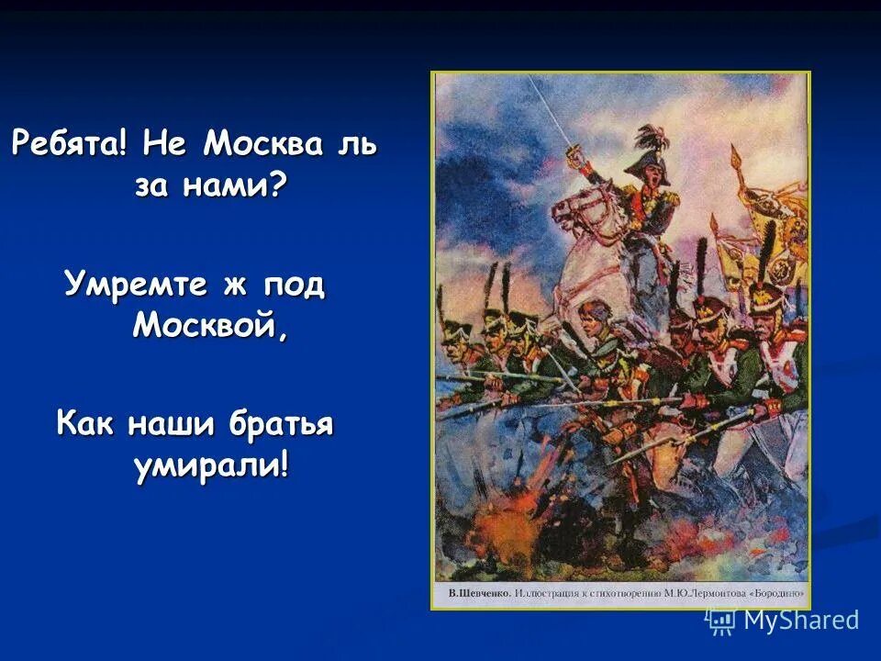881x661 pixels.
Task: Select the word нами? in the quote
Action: [x=240, y=187]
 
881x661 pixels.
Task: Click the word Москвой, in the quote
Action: [x=210, y=327]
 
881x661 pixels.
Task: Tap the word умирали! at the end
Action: [x=210, y=465]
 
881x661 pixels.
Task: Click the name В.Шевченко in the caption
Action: [x=479, y=594]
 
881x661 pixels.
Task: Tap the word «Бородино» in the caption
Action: [x=775, y=594]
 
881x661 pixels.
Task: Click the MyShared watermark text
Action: [x=800, y=621]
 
